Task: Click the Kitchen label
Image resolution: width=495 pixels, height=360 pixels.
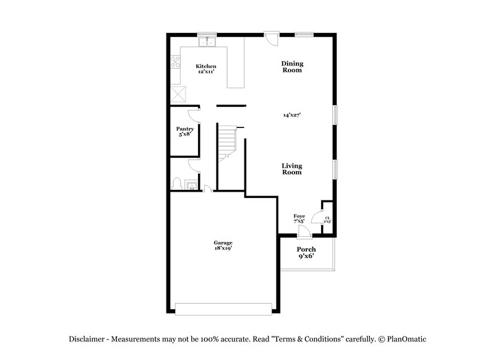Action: (205, 66)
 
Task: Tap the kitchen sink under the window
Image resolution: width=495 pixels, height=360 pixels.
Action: (207, 43)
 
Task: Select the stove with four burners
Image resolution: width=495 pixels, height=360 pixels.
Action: (174, 62)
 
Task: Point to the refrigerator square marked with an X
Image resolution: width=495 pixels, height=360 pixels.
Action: (179, 94)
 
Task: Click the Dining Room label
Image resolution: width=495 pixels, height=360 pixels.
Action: (291, 67)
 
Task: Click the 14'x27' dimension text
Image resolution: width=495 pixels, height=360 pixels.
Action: (291, 114)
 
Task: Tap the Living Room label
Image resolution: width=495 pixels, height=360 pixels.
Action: (291, 169)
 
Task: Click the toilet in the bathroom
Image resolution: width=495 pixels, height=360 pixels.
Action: (176, 183)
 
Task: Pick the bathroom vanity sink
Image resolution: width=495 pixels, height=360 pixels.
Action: (192, 185)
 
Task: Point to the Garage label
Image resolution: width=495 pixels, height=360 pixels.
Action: (223, 242)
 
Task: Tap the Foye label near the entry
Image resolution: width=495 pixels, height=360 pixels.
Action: (299, 216)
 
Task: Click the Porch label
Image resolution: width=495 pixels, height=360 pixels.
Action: (306, 250)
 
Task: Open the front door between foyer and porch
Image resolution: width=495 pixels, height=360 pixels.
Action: (303, 232)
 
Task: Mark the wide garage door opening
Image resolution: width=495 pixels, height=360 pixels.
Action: (223, 308)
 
